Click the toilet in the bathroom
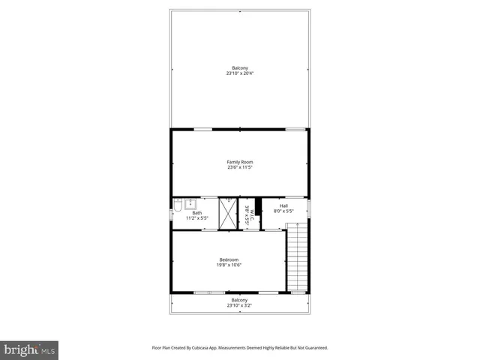pos(178,205)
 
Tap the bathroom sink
pos(191,202)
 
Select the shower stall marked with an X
pos(227,213)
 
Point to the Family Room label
pos(240,162)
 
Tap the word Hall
pos(283,205)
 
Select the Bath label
pos(196,213)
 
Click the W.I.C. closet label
pos(253,213)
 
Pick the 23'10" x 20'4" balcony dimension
pos(240,73)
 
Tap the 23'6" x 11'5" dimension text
pos(240,167)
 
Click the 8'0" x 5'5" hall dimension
pos(283,211)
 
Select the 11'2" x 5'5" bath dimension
pos(196,218)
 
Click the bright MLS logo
pos(30,349)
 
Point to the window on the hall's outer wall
pos(308,208)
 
